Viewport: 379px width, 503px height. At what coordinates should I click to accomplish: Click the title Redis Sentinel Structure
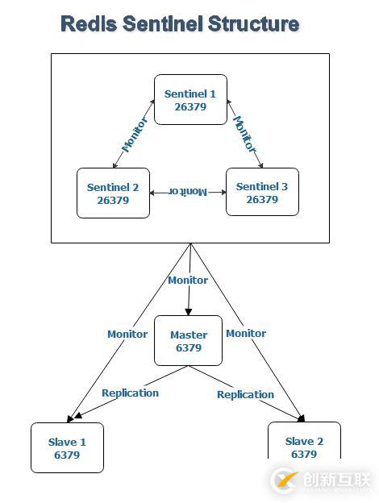coord(180,24)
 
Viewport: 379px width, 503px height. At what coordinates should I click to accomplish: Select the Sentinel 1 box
coord(190,100)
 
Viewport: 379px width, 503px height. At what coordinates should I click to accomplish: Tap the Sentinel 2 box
coord(113,193)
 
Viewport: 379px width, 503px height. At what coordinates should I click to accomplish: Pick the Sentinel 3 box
coord(262,193)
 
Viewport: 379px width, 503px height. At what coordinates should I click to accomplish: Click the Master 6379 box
coord(189,341)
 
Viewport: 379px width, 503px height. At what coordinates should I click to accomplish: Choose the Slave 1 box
coord(67,447)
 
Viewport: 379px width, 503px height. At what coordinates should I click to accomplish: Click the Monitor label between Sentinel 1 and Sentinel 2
coord(135,135)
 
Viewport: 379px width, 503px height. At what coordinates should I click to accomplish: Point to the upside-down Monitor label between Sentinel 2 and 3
coord(188,192)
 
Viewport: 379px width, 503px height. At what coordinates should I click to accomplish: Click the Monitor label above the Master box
coord(188,281)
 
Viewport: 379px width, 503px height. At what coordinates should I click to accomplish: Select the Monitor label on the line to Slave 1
coord(127,334)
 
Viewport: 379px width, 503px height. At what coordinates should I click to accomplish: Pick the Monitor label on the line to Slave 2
coord(246,333)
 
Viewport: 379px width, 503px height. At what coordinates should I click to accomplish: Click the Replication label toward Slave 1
coord(130,393)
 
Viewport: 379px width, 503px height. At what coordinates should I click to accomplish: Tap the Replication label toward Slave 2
coord(246,395)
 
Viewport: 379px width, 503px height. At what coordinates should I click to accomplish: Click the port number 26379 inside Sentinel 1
coord(190,106)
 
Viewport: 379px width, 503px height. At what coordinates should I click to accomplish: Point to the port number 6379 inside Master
coord(189,348)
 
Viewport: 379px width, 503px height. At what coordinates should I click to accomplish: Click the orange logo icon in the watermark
coord(285,480)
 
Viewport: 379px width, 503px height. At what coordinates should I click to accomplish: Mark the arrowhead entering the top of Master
coord(188,311)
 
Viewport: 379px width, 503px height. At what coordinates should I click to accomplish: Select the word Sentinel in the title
coord(165,24)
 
